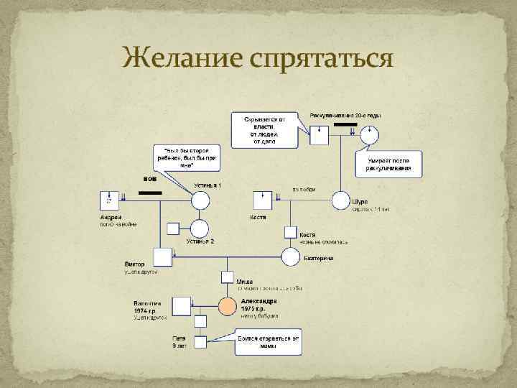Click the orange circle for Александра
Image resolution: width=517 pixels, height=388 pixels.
point(227,306)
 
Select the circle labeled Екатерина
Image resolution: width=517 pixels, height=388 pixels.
point(290,257)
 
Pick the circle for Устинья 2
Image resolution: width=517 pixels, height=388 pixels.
point(200,228)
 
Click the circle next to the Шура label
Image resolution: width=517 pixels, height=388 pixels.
point(340,201)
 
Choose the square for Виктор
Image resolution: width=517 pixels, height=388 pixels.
point(164,257)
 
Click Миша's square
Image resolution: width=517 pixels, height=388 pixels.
point(227,277)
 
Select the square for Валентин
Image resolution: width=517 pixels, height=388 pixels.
point(182,306)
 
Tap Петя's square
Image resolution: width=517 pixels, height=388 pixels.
point(200,341)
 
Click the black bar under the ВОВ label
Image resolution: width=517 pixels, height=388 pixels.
point(149,192)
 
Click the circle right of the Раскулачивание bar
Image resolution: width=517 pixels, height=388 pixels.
point(371,134)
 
